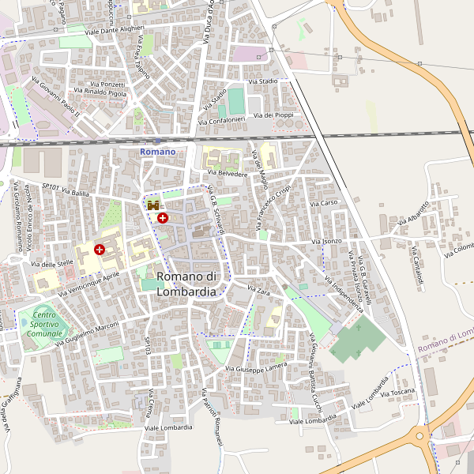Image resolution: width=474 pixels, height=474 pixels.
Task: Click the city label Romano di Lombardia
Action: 186,284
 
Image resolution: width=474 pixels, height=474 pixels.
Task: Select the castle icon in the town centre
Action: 152,205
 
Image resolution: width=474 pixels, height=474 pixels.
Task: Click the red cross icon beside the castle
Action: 163,217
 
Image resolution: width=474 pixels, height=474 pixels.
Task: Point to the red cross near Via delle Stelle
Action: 100,250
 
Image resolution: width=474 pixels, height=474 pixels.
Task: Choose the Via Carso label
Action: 324,203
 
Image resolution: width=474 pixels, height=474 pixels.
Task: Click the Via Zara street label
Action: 258,291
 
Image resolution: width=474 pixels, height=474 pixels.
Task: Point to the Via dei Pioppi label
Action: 279,115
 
